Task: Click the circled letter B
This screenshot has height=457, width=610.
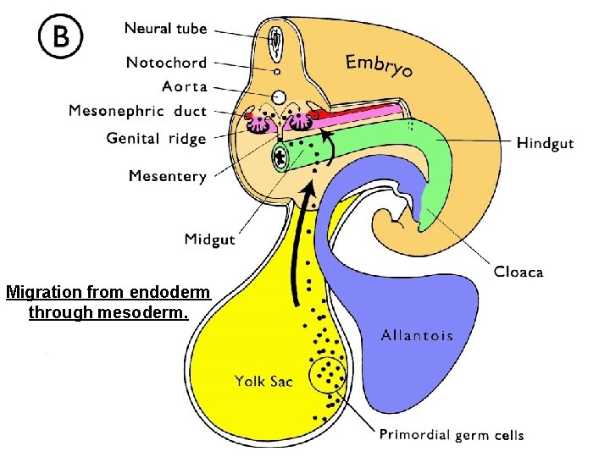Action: coord(60,37)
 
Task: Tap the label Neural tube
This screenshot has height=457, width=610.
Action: coord(165,29)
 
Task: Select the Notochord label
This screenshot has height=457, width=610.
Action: coord(166,62)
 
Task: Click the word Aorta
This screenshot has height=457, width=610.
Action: coord(184,86)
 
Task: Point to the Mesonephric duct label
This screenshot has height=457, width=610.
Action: coord(137,111)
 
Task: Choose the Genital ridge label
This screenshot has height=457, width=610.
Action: coord(156,138)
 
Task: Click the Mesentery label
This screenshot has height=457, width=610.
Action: coord(167,176)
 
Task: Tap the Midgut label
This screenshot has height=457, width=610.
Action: coord(209,240)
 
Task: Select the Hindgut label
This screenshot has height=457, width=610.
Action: coord(545,143)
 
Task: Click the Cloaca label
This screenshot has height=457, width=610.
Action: coord(518,273)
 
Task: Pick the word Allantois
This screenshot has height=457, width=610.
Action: coord(417,336)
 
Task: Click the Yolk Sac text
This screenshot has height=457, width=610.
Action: coord(263,382)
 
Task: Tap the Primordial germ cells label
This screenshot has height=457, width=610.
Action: coord(451,436)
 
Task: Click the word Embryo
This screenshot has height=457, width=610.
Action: coord(379,64)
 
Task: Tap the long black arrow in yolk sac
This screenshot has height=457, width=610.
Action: coord(297,254)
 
